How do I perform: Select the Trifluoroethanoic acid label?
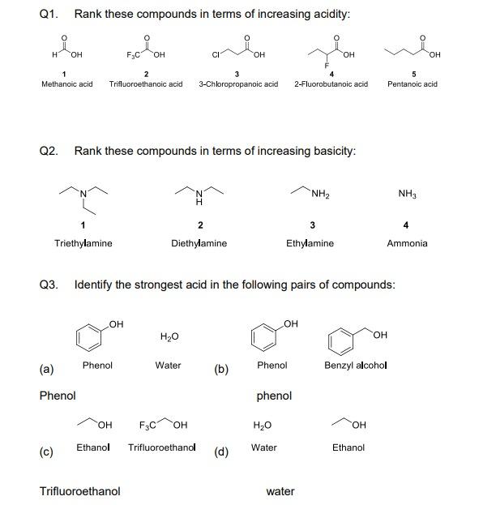(x=146, y=83)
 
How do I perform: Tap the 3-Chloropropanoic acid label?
(x=238, y=83)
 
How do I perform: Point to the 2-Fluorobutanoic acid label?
(x=331, y=83)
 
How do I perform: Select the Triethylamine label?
(x=83, y=242)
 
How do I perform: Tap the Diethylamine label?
(x=199, y=242)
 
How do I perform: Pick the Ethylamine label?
(x=310, y=242)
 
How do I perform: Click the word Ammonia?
(x=407, y=242)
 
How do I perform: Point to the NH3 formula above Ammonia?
(x=407, y=193)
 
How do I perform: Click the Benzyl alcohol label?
(x=356, y=366)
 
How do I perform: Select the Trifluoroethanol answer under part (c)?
(x=80, y=491)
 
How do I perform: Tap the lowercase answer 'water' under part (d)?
(x=280, y=491)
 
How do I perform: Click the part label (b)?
(x=221, y=370)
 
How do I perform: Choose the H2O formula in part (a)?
(x=169, y=336)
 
